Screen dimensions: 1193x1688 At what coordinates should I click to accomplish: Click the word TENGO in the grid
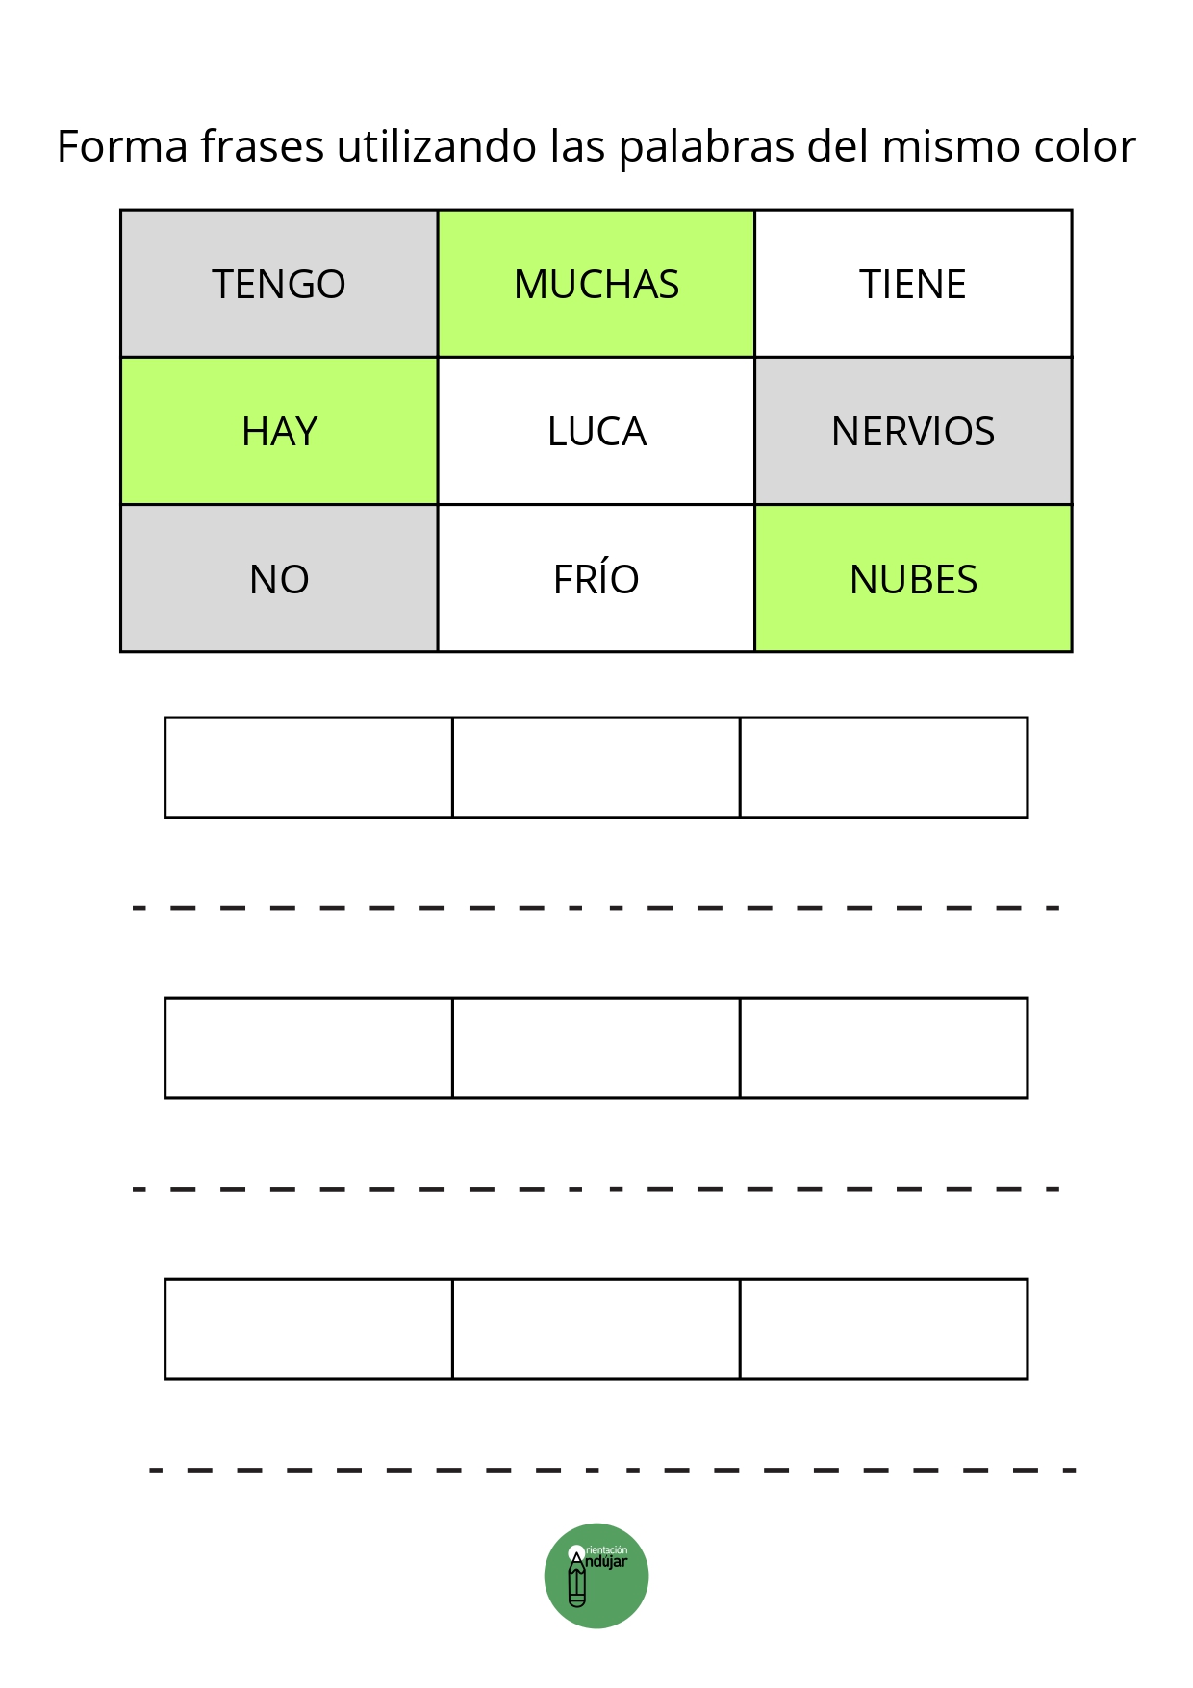(279, 285)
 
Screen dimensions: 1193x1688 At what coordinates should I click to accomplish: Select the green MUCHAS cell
(596, 284)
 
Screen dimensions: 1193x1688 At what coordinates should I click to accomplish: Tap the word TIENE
(913, 285)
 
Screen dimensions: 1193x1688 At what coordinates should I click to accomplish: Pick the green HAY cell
(279, 431)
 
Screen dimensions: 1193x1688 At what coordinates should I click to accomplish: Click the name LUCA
(596, 432)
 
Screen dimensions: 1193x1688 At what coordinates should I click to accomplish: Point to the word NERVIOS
(913, 432)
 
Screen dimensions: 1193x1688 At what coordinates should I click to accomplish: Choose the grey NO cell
(279, 578)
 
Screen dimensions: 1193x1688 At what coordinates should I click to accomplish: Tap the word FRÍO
(596, 578)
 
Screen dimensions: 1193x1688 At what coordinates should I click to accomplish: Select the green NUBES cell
(913, 578)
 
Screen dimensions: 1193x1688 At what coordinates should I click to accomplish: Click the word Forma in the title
(122, 146)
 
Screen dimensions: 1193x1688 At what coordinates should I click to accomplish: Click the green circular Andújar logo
(596, 1575)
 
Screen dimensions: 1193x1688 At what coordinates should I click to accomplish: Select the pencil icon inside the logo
(577, 1577)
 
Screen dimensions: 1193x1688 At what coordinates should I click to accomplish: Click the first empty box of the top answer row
(309, 768)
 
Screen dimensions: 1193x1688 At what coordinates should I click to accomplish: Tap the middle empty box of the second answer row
(596, 1048)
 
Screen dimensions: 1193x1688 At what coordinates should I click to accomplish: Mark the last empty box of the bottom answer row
(883, 1329)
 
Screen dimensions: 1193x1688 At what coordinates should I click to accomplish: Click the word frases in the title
(263, 146)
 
